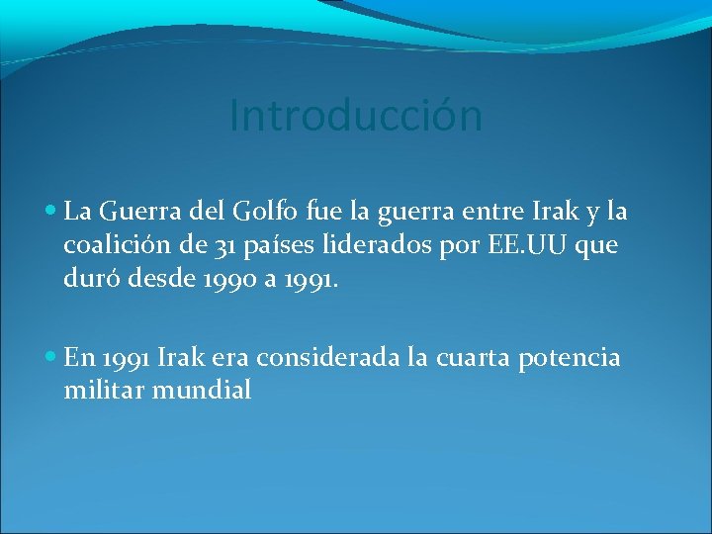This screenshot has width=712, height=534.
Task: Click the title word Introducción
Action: coord(355,116)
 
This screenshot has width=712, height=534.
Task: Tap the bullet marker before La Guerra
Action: coord(51,212)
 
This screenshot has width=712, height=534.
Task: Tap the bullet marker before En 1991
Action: coord(51,358)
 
